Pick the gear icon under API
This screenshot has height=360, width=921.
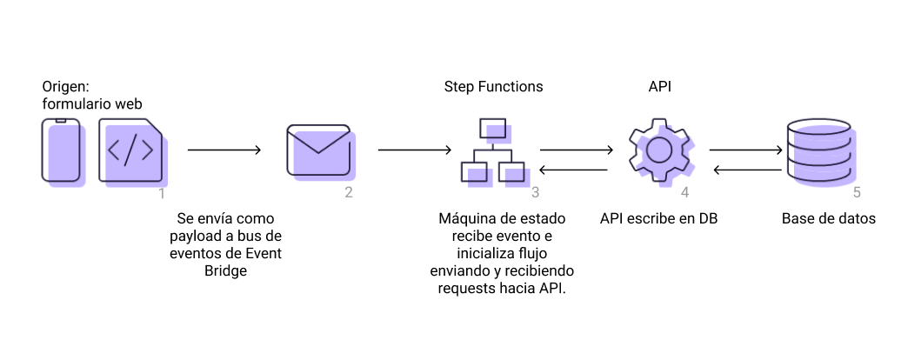coord(659,150)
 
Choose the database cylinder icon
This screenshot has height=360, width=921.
coord(818,150)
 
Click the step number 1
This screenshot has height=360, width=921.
coord(162,193)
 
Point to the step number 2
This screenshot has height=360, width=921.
coord(349,193)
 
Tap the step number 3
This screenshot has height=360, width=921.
coord(536,193)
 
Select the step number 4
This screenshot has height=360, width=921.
coord(685,193)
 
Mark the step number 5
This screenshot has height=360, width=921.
coord(857,193)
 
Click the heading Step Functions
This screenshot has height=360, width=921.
coord(493,87)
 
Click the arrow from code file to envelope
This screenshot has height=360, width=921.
coord(224,150)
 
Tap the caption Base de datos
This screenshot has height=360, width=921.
coord(828,218)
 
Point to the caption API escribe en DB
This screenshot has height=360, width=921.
coord(658,218)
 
